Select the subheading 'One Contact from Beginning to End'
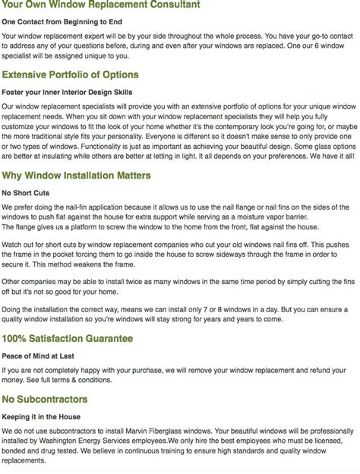click(x=65, y=22)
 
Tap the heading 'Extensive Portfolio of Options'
click(x=70, y=75)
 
